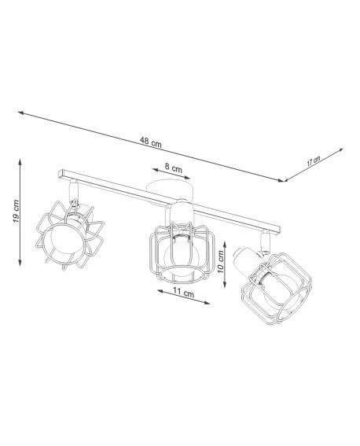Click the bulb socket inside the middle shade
click(182, 234)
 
